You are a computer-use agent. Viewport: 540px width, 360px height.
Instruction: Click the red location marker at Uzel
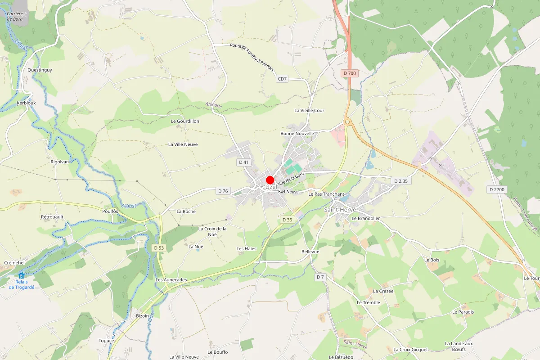point(270,180)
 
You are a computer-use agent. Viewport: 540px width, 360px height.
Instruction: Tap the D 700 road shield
point(349,73)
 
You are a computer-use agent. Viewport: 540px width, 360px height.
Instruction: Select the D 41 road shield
point(244,162)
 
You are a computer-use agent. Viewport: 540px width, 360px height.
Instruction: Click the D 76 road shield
point(222,191)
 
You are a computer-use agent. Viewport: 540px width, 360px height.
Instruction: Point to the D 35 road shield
point(287,220)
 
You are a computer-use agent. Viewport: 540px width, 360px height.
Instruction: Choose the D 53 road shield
point(158,247)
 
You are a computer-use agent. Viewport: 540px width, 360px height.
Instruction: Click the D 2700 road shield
point(497,189)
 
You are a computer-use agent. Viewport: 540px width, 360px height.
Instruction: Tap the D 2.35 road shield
point(400,181)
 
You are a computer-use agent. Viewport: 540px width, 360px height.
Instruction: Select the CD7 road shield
point(282,79)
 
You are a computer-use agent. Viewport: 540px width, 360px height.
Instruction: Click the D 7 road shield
point(320,277)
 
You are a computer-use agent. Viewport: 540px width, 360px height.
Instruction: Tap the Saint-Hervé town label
point(340,210)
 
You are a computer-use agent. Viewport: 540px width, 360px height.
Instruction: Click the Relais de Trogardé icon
point(22,275)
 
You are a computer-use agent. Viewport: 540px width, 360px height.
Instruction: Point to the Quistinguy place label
point(40,70)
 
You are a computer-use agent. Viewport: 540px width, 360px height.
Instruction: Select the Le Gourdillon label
point(185,121)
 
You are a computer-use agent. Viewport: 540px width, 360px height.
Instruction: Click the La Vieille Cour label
point(309,110)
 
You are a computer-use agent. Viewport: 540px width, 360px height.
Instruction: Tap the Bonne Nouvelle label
point(297,134)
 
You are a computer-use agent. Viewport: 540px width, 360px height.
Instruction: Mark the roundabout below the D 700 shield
point(347,121)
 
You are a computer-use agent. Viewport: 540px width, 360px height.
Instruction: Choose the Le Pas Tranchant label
point(326,194)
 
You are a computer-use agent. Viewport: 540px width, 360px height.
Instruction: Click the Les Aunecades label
point(171,279)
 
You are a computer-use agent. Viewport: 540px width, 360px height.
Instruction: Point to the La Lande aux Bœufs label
point(459,346)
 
